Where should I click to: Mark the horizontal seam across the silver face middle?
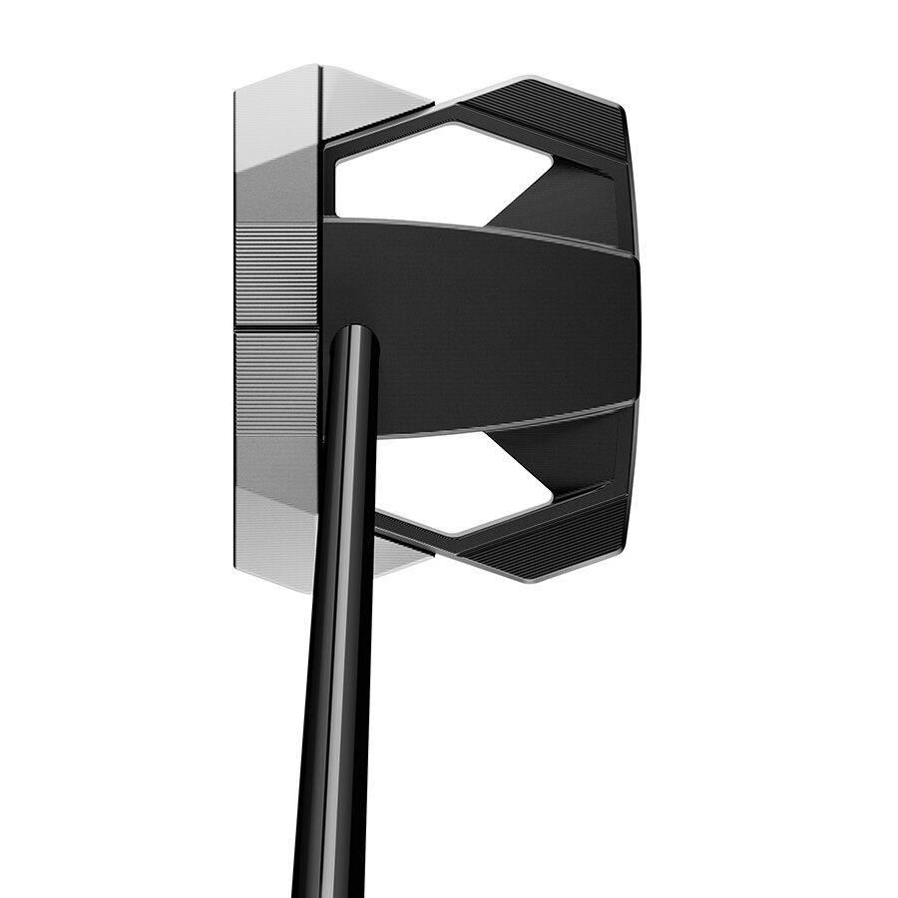point(276,328)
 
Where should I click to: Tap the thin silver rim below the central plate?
point(499,424)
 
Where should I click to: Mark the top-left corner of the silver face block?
point(236,90)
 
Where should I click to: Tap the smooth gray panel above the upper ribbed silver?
point(276,190)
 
